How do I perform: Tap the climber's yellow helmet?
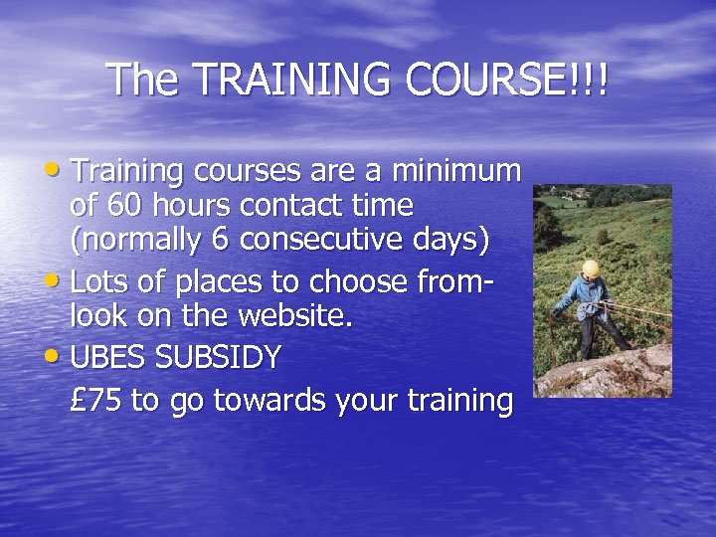tap(591, 268)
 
